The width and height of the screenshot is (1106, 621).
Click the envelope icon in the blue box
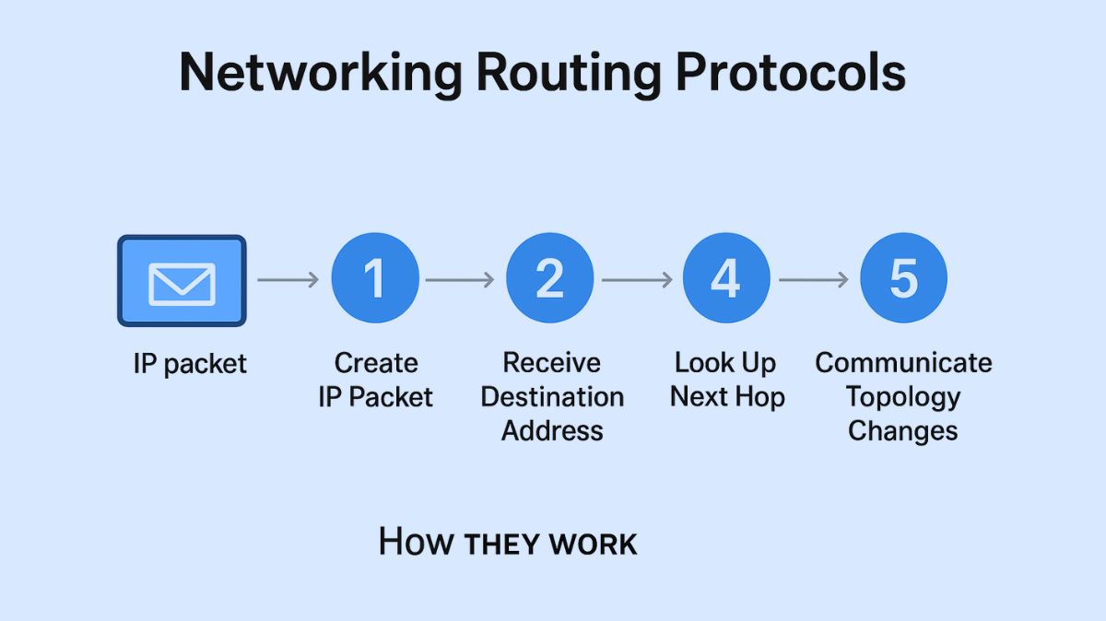click(182, 281)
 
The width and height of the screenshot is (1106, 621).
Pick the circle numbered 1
click(375, 278)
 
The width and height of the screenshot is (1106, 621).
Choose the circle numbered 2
click(550, 278)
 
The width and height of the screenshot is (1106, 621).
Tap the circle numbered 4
click(726, 278)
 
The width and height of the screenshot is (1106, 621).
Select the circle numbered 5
click(903, 278)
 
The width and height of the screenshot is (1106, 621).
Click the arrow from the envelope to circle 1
click(288, 279)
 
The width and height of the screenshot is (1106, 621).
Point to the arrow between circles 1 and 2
click(462, 279)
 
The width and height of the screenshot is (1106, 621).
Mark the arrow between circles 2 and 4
click(638, 279)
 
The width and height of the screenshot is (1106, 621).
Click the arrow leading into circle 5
click(814, 279)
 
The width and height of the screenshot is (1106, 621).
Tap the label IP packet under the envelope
click(190, 364)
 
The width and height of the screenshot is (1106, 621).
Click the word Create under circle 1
click(375, 362)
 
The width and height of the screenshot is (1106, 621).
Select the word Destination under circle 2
click(552, 397)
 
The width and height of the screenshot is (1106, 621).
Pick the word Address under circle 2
click(552, 430)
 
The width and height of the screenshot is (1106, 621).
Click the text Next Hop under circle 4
click(726, 397)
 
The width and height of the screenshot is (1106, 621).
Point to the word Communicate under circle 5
click(903, 362)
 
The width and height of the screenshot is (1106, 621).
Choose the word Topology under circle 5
click(903, 397)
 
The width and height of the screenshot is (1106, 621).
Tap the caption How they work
click(508, 542)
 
